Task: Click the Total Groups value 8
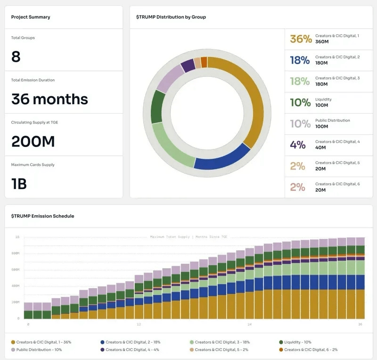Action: tap(16, 57)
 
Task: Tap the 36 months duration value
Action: tap(49, 99)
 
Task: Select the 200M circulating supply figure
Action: tap(33, 141)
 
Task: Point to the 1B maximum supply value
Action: tap(19, 183)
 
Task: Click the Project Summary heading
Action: tap(31, 17)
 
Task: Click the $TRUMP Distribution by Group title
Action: tap(171, 17)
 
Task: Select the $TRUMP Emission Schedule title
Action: tap(42, 216)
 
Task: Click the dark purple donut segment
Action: tap(188, 65)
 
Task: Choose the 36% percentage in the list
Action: tap(301, 39)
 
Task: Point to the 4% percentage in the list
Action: tap(298, 145)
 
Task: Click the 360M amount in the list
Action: tap(322, 42)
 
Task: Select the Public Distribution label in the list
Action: tap(333, 120)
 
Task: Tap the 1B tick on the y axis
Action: tap(17, 237)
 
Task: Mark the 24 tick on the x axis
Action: tap(249, 324)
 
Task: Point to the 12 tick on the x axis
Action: tap(139, 324)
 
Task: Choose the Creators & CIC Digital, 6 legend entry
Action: tap(311, 350)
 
